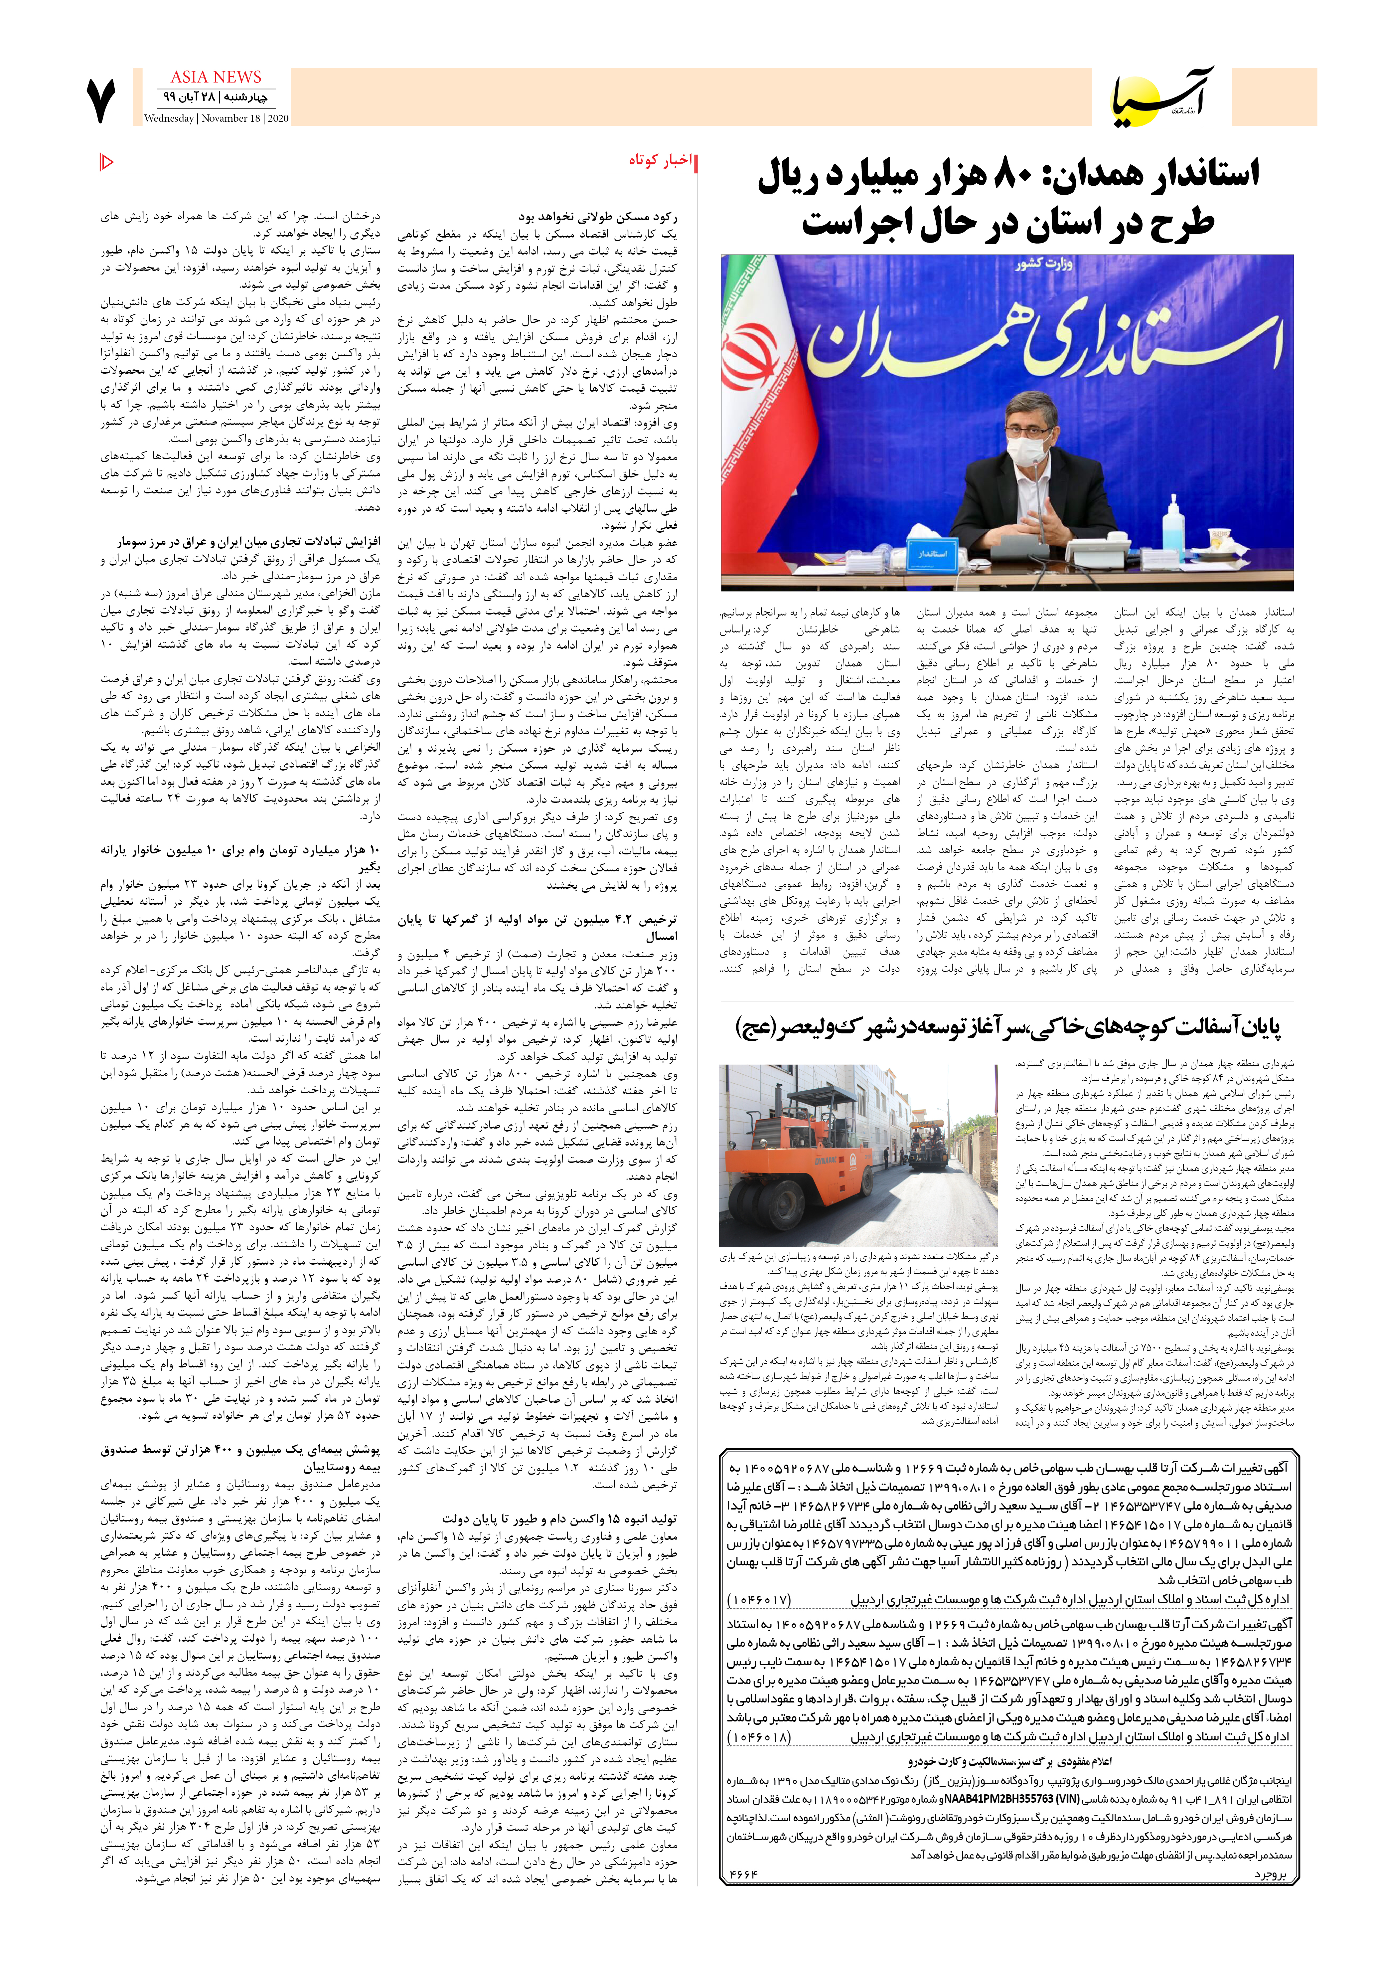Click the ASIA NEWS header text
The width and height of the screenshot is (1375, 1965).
pos(216,77)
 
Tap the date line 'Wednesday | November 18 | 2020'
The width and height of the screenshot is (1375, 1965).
pos(216,119)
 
